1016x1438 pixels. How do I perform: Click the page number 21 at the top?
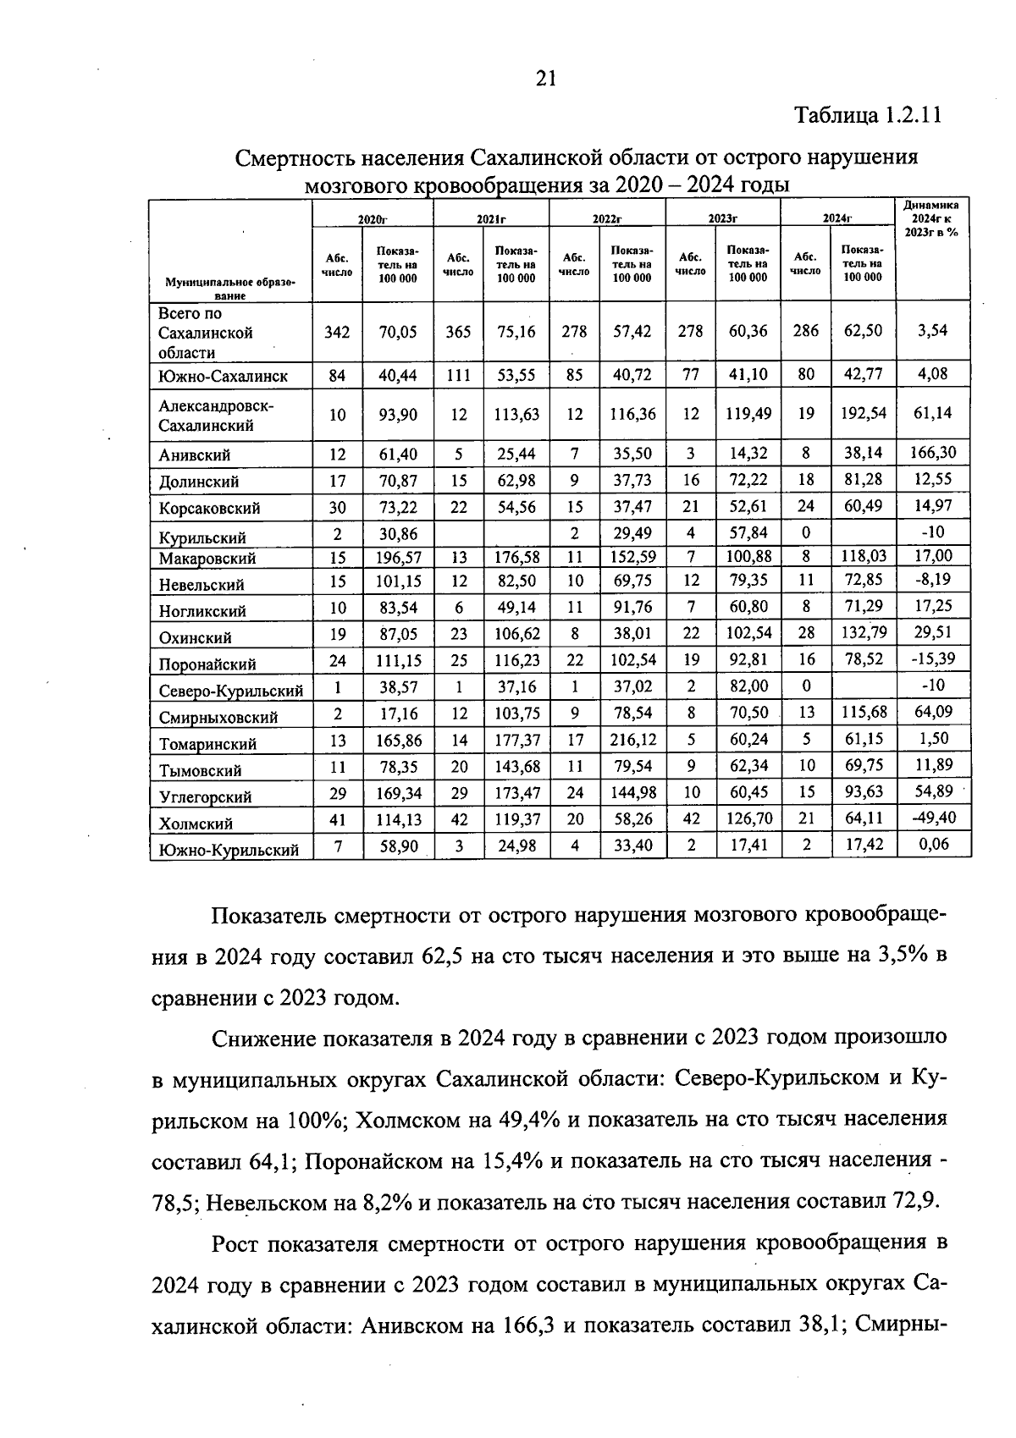click(545, 79)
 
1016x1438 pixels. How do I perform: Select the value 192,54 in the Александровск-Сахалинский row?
click(864, 413)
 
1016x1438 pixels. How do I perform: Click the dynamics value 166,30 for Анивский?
click(933, 453)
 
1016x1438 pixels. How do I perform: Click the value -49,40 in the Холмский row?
click(933, 818)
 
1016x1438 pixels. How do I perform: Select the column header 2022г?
click(607, 219)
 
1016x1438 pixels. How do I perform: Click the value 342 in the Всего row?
click(337, 332)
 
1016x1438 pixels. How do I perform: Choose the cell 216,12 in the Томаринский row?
click(632, 740)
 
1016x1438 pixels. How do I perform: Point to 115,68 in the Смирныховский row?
click(864, 713)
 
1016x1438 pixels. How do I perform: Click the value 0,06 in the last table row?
click(933, 844)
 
